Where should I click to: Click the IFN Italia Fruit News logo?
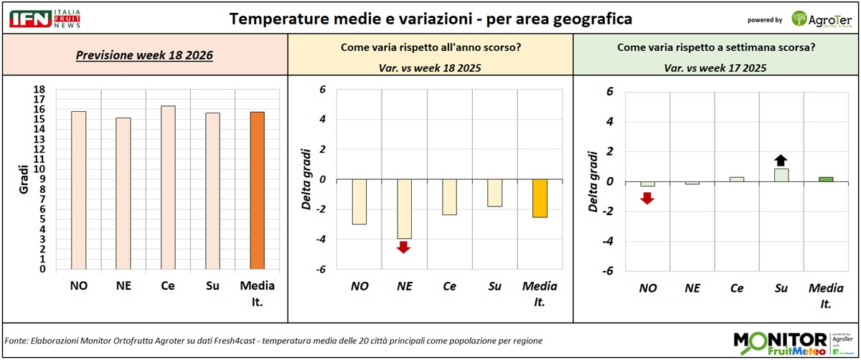click(44, 18)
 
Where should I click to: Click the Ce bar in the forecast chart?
click(168, 188)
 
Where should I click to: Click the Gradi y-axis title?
click(24, 179)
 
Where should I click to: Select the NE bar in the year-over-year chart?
click(404, 209)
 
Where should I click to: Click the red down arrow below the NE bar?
click(403, 247)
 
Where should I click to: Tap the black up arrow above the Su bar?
click(781, 161)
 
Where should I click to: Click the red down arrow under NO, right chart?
click(647, 198)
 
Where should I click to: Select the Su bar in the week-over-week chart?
click(781, 175)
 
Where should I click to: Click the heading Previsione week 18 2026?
click(145, 55)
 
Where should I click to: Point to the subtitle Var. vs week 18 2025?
click(430, 68)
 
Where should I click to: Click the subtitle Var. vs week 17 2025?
click(716, 68)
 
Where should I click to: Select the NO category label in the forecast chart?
click(79, 286)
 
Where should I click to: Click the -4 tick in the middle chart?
click(321, 239)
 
